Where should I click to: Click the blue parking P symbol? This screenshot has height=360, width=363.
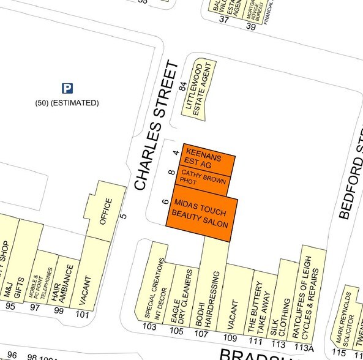point(67,89)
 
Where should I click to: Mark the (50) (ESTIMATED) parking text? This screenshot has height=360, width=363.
point(67,103)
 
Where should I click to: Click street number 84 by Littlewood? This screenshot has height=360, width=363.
point(182,87)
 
